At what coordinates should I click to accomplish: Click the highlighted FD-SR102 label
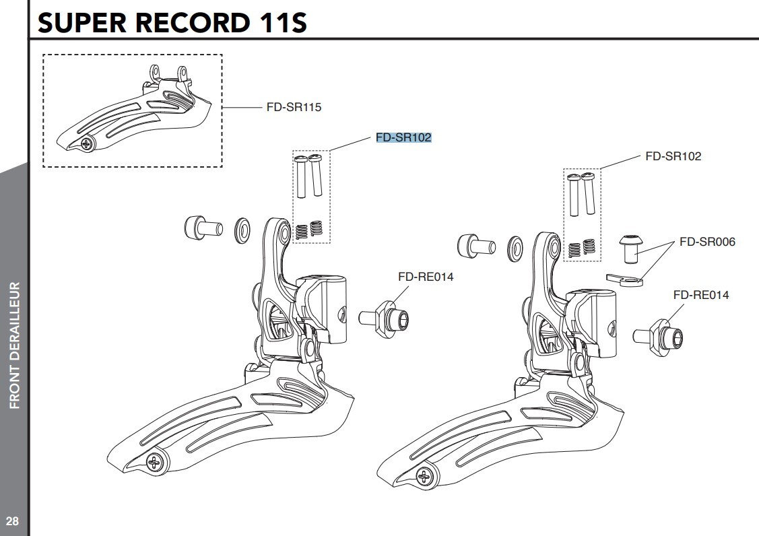(x=403, y=137)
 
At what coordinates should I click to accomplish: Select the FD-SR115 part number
(x=294, y=107)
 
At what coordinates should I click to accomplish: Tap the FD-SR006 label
(x=707, y=242)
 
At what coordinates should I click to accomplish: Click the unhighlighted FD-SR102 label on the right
(x=673, y=156)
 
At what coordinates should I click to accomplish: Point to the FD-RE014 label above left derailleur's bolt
(x=426, y=276)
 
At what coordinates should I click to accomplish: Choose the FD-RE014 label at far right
(x=700, y=295)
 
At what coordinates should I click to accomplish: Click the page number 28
(x=12, y=521)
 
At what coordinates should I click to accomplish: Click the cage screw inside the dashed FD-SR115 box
(x=86, y=143)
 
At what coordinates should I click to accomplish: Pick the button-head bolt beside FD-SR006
(x=631, y=249)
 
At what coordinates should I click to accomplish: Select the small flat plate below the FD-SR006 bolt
(x=625, y=279)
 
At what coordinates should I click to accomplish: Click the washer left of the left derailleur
(x=242, y=230)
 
